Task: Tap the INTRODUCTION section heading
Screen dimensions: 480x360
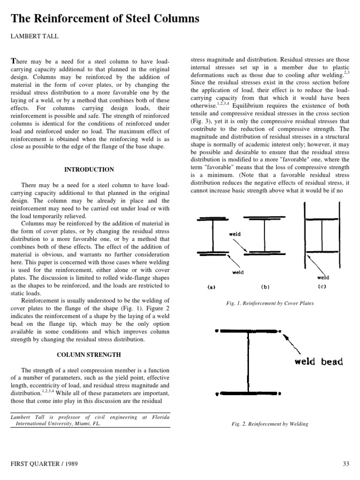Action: point(89,169)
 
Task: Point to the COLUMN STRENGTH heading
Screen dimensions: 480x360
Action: point(89,355)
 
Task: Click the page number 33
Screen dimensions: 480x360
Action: point(346,464)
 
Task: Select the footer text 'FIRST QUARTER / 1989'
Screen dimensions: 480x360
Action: point(44,464)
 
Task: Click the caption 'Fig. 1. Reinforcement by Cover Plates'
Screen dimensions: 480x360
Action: point(270,303)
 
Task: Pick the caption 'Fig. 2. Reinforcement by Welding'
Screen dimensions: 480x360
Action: point(270,424)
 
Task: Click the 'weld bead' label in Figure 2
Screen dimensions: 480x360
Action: point(318,361)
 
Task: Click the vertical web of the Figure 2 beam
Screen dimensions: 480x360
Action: point(247,361)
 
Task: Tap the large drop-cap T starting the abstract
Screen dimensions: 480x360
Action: point(13,62)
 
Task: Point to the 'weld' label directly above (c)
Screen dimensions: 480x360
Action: point(323,277)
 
